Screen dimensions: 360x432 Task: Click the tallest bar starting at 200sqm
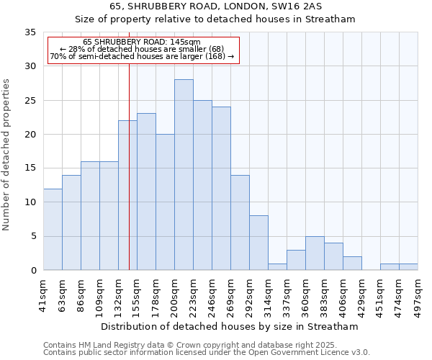pyautogui.click(x=184, y=175)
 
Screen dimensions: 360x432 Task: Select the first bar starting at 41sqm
pyautogui.click(x=53, y=229)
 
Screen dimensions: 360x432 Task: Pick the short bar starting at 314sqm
pyautogui.click(x=277, y=266)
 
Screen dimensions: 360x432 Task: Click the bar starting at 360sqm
pyautogui.click(x=315, y=253)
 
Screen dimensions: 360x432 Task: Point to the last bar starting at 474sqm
pyautogui.click(x=408, y=266)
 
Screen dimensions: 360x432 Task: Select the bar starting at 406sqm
pyautogui.click(x=352, y=263)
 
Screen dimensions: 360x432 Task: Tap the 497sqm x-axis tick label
pyautogui.click(x=418, y=294)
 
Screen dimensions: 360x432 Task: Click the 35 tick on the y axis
pyautogui.click(x=30, y=32)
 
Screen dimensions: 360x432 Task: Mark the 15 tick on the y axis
pyautogui.click(x=30, y=168)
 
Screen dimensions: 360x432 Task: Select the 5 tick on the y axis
pyautogui.click(x=32, y=236)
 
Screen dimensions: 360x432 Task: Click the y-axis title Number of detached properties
pyautogui.click(x=7, y=155)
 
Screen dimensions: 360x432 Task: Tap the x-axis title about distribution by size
pyautogui.click(x=230, y=326)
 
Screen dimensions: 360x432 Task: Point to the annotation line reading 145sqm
pyautogui.click(x=142, y=42)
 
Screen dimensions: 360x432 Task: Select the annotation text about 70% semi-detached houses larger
pyautogui.click(x=142, y=55)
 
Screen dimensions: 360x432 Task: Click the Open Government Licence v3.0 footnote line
pyautogui.click(x=207, y=352)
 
